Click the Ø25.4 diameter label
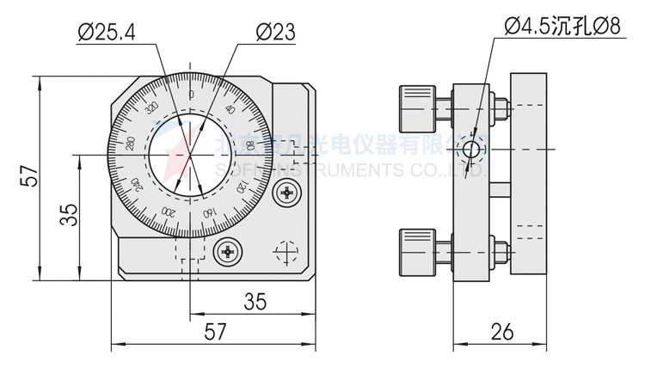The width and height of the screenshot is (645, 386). (106, 33)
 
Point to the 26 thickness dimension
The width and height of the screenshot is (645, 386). (504, 330)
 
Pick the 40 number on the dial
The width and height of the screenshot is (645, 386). (230, 109)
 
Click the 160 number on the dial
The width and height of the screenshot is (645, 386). (207, 211)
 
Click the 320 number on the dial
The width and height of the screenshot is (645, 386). (152, 108)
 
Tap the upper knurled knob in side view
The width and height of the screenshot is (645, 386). (415, 104)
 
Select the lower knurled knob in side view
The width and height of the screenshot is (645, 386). (415, 249)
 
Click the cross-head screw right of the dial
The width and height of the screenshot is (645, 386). (286, 194)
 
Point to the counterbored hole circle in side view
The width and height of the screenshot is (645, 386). (470, 150)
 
